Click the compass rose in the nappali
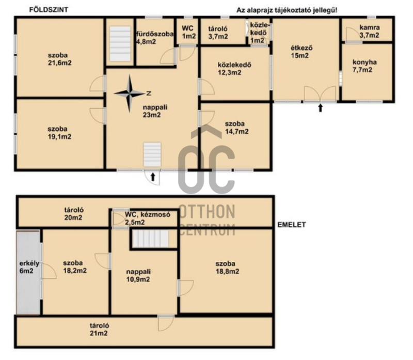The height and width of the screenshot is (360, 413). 130,93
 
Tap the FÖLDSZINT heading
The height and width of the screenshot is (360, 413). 49,10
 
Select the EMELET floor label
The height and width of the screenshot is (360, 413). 292,225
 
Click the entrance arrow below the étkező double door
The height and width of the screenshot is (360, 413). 320,108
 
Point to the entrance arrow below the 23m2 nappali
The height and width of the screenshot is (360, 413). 152,177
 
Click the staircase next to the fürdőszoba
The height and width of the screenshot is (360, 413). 120,43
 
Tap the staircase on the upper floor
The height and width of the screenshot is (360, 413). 151,239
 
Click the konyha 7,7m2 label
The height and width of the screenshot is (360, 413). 364,66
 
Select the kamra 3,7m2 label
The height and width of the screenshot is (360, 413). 370,31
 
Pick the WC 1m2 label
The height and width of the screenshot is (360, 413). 188,32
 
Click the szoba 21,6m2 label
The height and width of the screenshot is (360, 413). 59,59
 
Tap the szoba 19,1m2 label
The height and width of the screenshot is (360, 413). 59,133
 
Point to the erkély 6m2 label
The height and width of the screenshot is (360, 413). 29,267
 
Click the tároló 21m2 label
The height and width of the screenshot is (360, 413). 99,330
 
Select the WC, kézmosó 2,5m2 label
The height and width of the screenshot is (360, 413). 148,218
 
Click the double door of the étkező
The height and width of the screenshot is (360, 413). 320,93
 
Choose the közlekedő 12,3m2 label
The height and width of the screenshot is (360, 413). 234,69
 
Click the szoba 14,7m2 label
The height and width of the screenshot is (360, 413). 236,128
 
